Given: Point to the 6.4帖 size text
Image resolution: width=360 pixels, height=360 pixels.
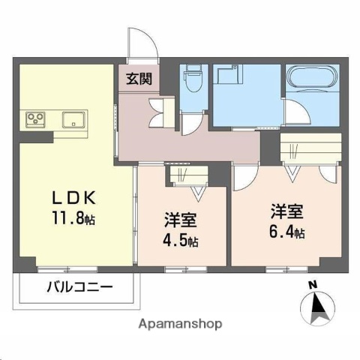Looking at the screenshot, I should (287, 232).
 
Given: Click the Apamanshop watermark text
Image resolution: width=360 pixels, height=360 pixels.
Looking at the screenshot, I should (179, 324).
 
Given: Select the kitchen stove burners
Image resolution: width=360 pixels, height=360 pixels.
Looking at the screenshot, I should (37, 118).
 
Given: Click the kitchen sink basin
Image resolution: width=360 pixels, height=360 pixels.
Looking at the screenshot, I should (76, 118).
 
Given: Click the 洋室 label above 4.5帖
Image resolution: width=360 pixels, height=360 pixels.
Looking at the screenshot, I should (181, 222).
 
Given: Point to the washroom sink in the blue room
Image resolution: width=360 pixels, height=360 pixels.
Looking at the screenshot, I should (225, 76).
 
